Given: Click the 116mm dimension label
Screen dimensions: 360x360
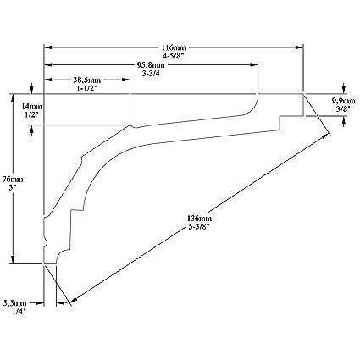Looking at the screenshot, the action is (174, 47).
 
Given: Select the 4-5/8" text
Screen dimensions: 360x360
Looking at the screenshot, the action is (174, 56).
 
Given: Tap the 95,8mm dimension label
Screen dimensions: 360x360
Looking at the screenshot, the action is (151, 65).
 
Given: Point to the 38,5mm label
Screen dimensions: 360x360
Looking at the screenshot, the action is (87, 80).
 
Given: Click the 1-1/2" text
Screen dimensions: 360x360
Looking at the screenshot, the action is (87, 88).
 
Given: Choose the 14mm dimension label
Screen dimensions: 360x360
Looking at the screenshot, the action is (32, 107).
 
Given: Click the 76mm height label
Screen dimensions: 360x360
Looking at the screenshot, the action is (13, 179).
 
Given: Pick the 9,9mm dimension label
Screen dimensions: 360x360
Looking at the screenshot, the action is (343, 101).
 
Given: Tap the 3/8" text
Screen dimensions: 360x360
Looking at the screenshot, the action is (343, 108).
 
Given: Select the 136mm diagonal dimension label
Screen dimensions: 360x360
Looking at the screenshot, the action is (199, 219).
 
